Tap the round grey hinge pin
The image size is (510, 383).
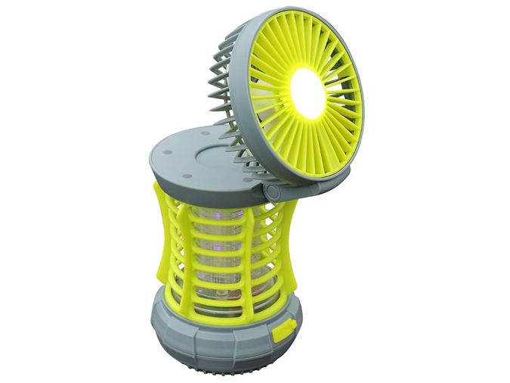coord(270,193)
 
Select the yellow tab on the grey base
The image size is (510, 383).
coord(286,330)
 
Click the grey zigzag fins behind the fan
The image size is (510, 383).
coord(220,83)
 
